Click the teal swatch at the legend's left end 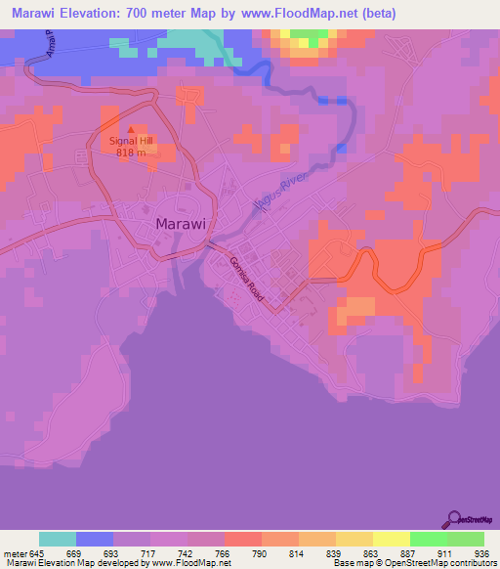58,539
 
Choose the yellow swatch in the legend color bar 392,539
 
